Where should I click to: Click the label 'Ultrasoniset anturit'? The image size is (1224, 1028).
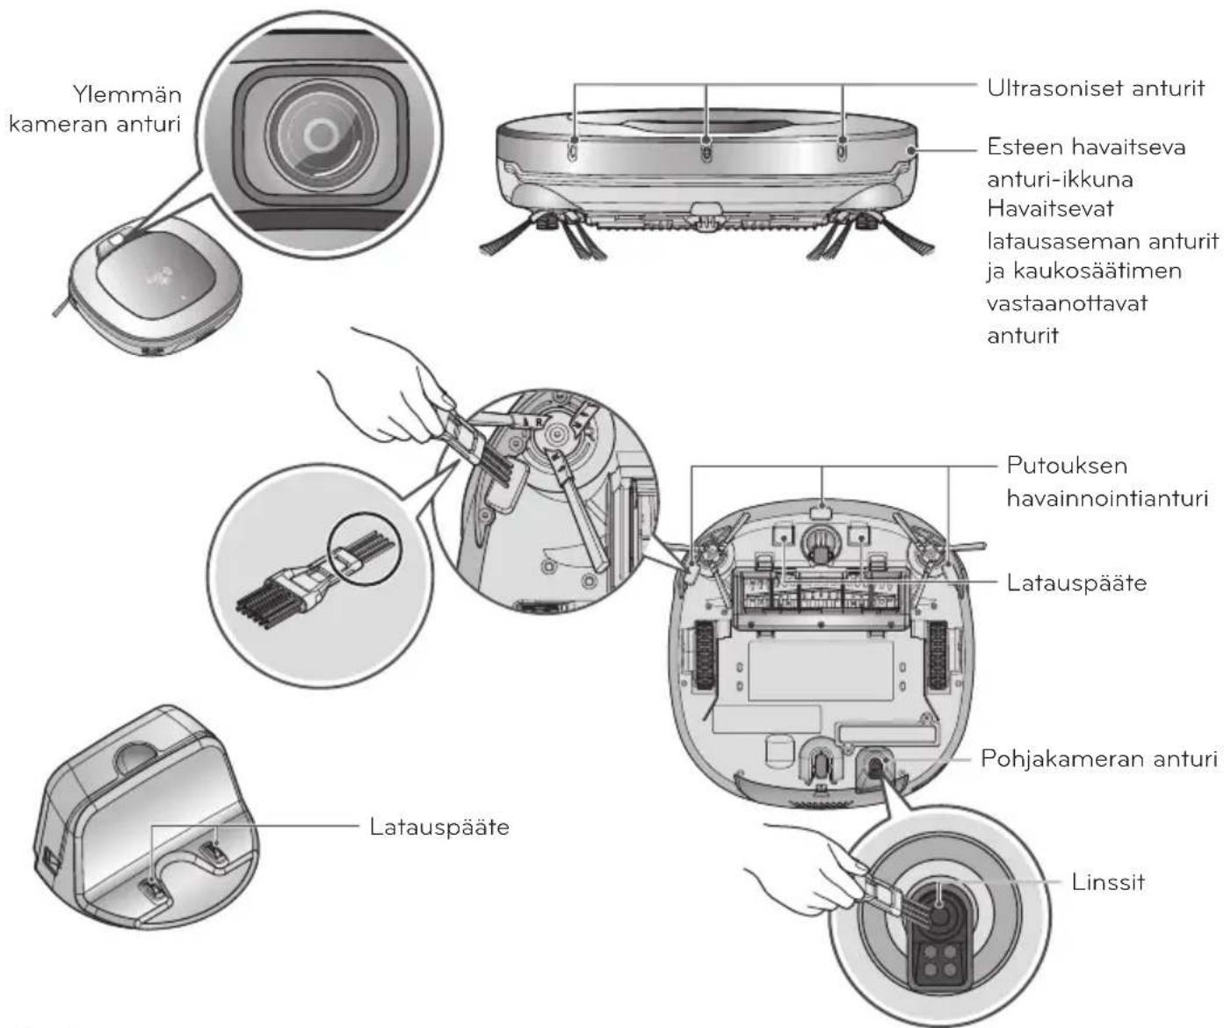[1096, 89]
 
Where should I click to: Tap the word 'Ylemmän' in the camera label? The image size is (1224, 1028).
[127, 94]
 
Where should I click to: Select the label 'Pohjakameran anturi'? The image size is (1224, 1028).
[1099, 759]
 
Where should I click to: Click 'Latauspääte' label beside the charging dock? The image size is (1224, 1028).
[439, 827]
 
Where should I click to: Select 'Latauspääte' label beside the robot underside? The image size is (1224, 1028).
[1077, 583]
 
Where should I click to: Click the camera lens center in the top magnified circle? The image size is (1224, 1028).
[320, 134]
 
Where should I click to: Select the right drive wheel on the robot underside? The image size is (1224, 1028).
[938, 655]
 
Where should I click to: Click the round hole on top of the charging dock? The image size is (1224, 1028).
[141, 757]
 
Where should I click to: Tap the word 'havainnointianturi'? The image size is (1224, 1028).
[1107, 499]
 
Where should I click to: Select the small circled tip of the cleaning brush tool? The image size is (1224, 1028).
[366, 548]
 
